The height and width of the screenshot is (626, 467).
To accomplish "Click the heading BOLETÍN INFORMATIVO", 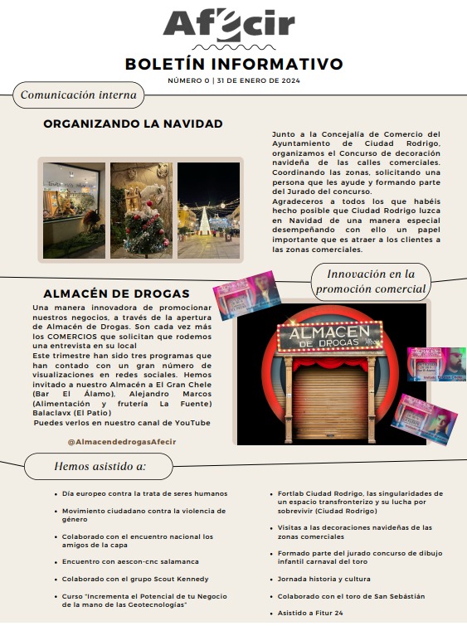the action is click(233, 64).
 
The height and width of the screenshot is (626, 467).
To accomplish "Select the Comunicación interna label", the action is click(78, 95).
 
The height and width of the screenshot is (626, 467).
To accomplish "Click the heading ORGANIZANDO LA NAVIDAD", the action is click(133, 124).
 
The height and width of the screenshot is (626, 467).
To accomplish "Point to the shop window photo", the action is click(74, 210).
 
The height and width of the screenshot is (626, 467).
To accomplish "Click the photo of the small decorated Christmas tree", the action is click(141, 210).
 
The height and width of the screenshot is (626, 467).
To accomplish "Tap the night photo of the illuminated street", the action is click(208, 210).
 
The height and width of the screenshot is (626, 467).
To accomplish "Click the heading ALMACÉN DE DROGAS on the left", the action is click(115, 294).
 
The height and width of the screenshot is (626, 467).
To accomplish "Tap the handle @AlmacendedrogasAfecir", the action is click(122, 441).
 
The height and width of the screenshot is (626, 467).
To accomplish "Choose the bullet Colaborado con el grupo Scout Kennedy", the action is click(134, 579).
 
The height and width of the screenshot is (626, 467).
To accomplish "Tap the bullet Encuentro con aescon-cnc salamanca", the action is click(130, 561).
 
